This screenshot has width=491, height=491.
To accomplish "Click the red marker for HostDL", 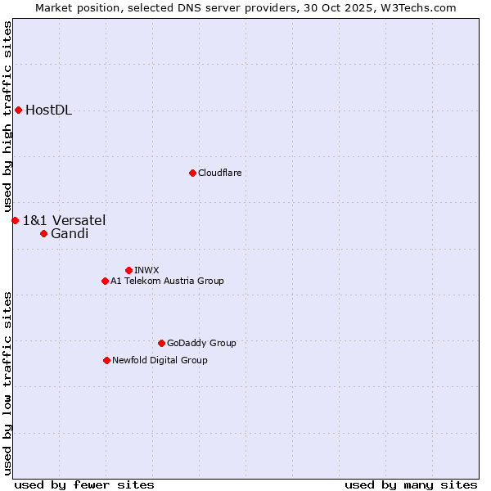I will tap(18, 110).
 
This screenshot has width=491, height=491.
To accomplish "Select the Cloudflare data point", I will tap(192, 173).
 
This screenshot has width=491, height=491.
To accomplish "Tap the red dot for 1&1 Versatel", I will tap(15, 220).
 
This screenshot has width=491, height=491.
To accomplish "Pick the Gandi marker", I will tap(43, 233).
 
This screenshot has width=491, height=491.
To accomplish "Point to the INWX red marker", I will tap(128, 270).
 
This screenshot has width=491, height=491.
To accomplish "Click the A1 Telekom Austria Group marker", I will tap(105, 281).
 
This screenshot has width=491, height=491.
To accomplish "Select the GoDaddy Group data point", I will tap(161, 343).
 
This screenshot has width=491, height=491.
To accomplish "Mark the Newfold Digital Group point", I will tap(106, 360).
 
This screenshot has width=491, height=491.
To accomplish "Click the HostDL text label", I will tap(49, 110).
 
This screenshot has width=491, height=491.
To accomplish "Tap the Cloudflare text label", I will tap(219, 173).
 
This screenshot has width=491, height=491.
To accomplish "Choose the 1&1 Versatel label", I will tap(64, 220).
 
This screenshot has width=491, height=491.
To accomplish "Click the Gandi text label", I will tap(70, 234).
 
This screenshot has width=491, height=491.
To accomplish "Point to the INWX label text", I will tap(146, 270).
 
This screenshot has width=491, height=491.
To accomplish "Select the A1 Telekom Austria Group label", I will tap(167, 281).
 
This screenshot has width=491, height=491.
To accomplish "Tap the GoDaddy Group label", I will tap(201, 343).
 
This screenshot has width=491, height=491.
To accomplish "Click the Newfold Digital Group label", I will tap(160, 360).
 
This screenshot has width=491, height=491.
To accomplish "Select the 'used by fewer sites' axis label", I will tap(84, 484).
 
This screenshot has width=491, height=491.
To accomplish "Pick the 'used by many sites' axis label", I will tap(411, 484).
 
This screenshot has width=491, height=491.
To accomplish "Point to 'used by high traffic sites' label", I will tap(7, 116).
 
